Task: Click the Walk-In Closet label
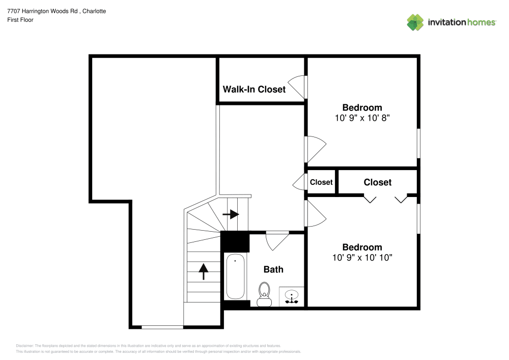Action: tap(254, 90)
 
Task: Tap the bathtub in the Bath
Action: tap(235, 277)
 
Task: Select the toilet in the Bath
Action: tap(264, 294)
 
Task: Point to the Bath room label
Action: tap(273, 269)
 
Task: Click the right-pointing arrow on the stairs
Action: tap(231, 214)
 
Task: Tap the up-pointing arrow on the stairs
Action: tap(203, 271)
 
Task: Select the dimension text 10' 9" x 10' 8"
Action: tap(362, 118)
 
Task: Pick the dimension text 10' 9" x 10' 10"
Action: tap(362, 258)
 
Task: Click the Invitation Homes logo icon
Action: tap(415, 22)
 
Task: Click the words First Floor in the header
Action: tap(20, 20)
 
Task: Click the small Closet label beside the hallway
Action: tap(321, 182)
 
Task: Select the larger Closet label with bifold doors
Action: tap(377, 182)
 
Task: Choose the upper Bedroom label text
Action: tap(362, 107)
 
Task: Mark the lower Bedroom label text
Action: tap(362, 247)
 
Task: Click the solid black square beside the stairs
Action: tap(235, 242)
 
